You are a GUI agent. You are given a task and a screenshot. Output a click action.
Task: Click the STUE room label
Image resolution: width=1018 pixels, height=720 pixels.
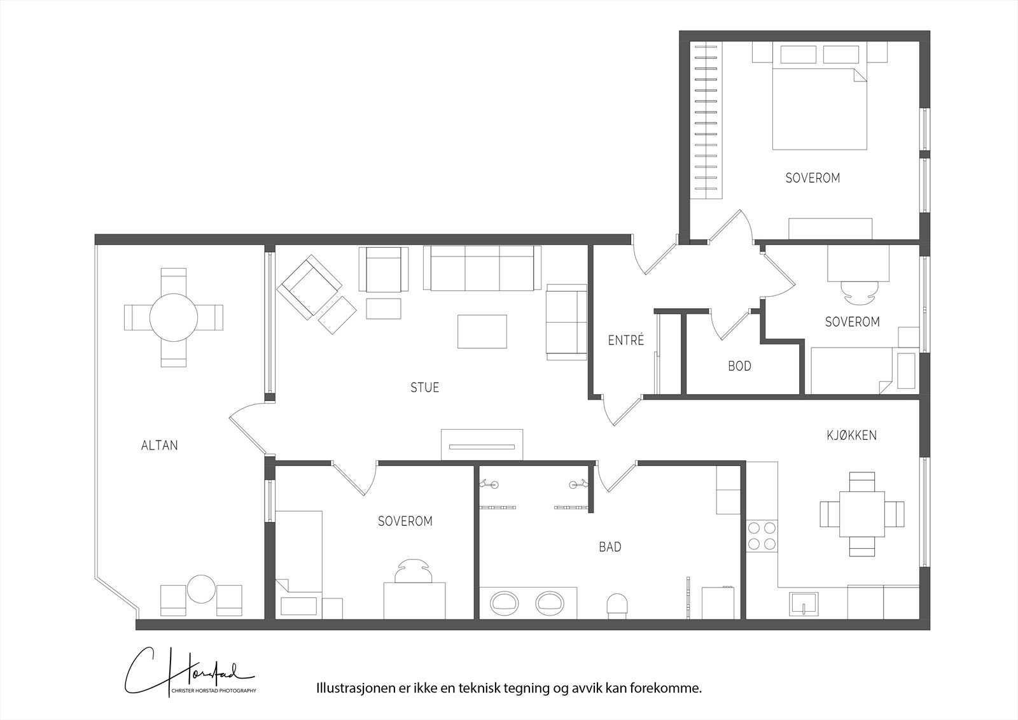(424, 388)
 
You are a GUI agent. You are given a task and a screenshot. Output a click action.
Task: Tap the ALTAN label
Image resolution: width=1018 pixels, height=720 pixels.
(159, 445)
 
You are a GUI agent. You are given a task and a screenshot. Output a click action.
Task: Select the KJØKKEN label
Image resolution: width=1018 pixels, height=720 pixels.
(851, 435)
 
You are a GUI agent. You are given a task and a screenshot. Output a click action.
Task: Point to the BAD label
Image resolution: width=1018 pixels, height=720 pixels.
(610, 547)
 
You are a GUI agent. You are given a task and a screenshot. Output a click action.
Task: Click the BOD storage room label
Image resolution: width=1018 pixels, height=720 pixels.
(739, 366)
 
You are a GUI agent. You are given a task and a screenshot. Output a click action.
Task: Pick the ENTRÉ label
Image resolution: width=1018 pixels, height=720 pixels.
(626, 340)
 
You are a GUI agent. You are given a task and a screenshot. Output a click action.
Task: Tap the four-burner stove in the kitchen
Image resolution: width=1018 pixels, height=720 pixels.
(762, 536)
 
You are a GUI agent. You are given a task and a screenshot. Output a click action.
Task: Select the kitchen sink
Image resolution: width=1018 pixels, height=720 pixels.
(804, 603)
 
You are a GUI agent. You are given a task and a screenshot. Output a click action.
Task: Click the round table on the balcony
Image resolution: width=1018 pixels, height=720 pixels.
(174, 318)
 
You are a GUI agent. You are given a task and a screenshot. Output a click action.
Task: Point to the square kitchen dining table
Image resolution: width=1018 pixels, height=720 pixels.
(861, 514)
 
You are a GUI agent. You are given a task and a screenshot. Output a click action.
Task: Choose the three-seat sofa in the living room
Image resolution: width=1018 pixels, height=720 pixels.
(482, 268)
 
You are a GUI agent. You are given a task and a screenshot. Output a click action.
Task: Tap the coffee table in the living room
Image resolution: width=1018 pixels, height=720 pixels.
(482, 332)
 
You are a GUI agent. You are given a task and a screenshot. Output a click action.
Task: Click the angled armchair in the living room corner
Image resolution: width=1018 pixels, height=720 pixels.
(309, 286)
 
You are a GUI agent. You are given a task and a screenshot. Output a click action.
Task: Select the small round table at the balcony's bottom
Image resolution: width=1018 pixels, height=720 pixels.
(201, 589)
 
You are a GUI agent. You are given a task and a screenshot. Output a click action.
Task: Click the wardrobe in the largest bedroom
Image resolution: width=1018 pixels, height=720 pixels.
(706, 120)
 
